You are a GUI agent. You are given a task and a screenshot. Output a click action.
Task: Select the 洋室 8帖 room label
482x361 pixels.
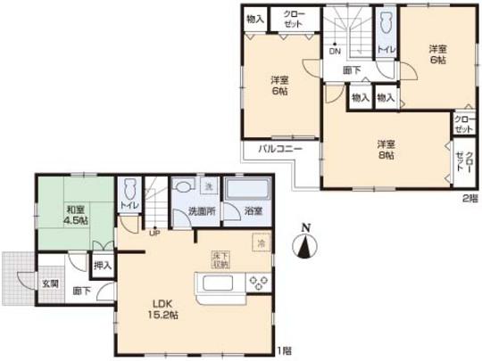[x=385, y=149]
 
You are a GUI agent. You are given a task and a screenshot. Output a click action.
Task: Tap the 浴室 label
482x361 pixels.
[x=252, y=211]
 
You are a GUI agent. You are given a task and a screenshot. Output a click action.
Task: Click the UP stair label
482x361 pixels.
[x=154, y=234]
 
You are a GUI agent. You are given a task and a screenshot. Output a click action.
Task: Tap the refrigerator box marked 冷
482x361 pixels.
[x=261, y=242]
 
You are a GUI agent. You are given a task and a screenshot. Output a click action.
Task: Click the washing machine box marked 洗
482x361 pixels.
[x=207, y=187]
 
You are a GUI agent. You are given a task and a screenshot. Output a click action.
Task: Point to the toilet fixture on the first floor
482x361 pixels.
[x=130, y=190]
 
